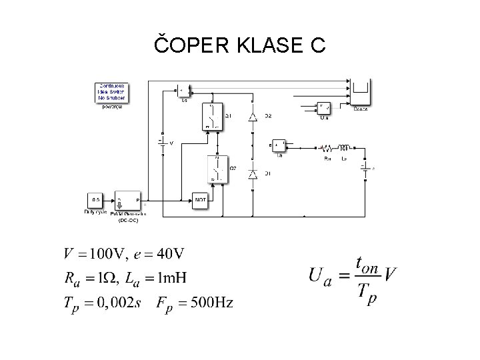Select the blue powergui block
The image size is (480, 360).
pyautogui.click(x=111, y=93)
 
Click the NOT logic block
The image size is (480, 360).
pyautogui.click(x=201, y=199)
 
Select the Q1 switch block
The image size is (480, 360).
pyautogui.click(x=211, y=116)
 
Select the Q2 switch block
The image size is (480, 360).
pyautogui.click(x=216, y=169)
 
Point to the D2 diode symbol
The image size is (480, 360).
pyautogui.click(x=253, y=117)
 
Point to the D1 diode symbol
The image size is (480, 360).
pyautogui.click(x=253, y=173)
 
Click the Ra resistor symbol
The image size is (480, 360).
pyautogui.click(x=327, y=148)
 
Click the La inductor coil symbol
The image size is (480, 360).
pyautogui.click(x=345, y=147)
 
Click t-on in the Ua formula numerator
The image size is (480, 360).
pyautogui.click(x=367, y=264)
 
